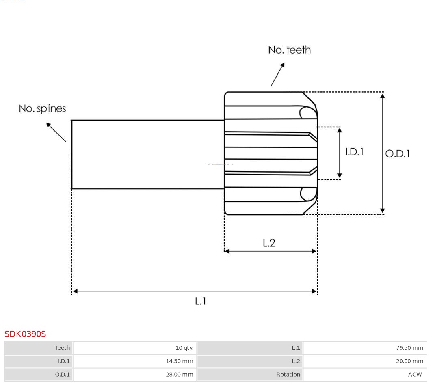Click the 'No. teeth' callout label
[289, 50]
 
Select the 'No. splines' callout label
[42, 109]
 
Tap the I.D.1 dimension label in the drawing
[354, 152]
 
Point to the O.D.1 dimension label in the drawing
[397, 154]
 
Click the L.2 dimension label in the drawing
[269, 243]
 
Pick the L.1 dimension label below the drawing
[201, 301]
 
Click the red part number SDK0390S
[25, 334]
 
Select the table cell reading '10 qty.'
[184, 348]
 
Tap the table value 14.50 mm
[179, 361]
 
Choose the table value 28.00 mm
[179, 375]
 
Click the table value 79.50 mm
[409, 348]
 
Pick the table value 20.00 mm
[409, 361]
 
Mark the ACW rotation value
[415, 375]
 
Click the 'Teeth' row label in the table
[63, 348]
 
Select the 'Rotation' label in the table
[288, 375]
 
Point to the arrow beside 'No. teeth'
[278, 74]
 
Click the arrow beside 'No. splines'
[56, 132]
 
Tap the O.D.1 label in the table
[63, 375]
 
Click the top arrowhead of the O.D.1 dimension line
[382, 96]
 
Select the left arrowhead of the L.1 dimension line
[75, 291]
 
